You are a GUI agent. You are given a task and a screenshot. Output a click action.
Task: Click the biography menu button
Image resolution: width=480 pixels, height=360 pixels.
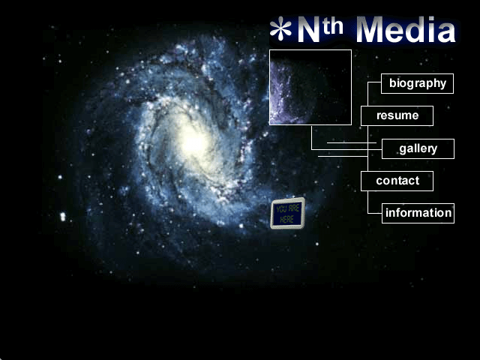(x=417, y=83)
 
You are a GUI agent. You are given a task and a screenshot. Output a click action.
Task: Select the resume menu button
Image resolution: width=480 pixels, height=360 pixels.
(x=397, y=115)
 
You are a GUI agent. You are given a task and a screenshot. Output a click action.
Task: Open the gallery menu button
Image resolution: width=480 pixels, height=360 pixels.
(x=418, y=148)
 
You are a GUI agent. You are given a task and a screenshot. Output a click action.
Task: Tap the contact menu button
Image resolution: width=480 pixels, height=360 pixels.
(x=397, y=181)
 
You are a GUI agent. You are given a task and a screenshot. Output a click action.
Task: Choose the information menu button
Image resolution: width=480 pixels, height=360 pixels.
(x=418, y=213)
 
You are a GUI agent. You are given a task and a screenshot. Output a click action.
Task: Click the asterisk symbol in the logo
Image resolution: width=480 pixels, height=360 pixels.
(x=280, y=28)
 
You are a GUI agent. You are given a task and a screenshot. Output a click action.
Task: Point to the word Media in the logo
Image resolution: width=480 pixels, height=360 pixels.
(x=406, y=29)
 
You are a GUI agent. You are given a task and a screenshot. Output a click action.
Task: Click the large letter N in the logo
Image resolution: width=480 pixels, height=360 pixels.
(x=309, y=30)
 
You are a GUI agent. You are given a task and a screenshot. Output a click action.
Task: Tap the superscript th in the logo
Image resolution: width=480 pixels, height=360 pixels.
(x=332, y=27)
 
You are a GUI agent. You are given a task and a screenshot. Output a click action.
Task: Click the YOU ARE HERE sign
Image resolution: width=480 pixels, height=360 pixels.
(x=288, y=213)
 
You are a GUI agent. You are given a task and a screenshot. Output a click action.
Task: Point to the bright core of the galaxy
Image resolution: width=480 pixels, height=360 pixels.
(x=193, y=142)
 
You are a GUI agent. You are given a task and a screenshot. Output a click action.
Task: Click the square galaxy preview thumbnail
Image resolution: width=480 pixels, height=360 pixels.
(x=310, y=87)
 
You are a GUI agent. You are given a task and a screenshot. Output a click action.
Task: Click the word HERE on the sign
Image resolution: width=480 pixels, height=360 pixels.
(x=286, y=219)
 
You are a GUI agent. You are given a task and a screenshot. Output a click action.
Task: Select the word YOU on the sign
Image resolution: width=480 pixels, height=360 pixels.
(x=282, y=209)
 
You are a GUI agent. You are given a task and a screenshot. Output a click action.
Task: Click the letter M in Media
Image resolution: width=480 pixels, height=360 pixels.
(x=370, y=30)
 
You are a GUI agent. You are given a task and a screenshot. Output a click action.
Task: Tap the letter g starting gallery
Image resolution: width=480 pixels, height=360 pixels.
(x=403, y=149)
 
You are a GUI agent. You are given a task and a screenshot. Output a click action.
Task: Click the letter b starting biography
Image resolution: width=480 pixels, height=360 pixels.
(x=392, y=82)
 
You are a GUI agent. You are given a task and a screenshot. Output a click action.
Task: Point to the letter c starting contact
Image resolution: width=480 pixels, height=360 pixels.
(x=379, y=181)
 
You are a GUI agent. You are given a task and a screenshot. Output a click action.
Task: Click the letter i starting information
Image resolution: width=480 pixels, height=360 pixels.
(x=387, y=212)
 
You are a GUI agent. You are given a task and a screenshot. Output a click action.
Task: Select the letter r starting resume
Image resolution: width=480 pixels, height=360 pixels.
(x=379, y=116)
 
